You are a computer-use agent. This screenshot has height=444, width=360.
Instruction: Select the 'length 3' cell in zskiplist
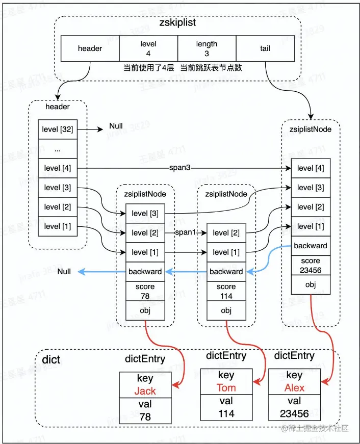tap(207, 48)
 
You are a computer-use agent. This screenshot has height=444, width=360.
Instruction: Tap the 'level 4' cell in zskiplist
tap(148, 48)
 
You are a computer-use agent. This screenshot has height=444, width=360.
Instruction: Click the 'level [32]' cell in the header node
tap(58, 129)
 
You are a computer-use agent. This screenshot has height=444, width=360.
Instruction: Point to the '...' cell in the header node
tap(58, 149)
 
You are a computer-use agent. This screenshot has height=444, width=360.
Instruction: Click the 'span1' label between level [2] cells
tap(186, 233)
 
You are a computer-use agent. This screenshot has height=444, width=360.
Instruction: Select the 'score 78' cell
tap(145, 291)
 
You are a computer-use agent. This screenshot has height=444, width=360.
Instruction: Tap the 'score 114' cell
tap(226, 291)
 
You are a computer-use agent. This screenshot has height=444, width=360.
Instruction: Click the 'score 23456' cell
tap(311, 266)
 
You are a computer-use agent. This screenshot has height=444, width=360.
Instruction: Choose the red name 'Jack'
tap(144, 391)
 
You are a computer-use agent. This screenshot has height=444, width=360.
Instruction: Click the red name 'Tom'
tap(226, 387)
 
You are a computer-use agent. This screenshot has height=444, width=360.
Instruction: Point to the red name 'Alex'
tap(294, 387)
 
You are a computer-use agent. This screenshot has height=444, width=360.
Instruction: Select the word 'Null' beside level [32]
tap(116, 126)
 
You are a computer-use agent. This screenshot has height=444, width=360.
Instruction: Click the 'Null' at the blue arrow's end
tap(64, 272)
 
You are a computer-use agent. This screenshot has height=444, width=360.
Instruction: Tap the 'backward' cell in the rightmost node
tap(311, 246)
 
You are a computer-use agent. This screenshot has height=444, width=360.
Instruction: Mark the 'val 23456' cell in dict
tap(294, 407)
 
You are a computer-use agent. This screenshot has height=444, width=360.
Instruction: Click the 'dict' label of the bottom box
tap(51, 360)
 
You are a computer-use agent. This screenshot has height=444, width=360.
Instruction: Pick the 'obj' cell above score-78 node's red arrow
tap(145, 310)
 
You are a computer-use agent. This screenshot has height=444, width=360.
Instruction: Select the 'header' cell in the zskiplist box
tap(90, 48)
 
